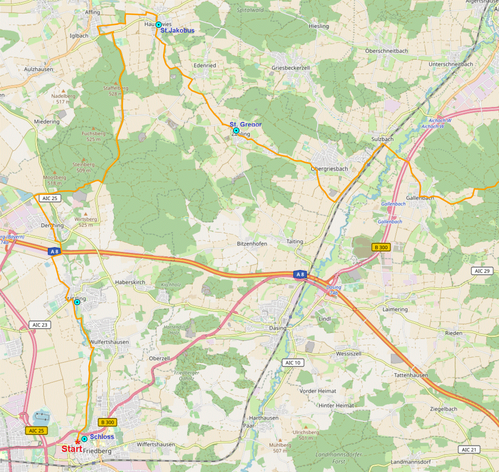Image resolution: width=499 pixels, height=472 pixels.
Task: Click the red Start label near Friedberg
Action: click(72, 449)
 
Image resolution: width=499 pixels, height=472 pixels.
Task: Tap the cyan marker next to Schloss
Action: click(84, 439)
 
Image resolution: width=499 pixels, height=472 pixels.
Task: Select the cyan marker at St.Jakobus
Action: click(158, 25)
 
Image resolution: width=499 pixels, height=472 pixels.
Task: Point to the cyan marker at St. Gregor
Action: click(236, 131)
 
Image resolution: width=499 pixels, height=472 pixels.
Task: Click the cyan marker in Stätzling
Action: click(77, 302)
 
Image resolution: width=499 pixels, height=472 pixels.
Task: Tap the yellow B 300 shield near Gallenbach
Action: click(381, 247)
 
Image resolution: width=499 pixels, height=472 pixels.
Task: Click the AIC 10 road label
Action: click(293, 363)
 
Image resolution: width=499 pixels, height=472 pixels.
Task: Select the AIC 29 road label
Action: click(482, 271)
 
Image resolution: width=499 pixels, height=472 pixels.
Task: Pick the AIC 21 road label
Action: click(469, 450)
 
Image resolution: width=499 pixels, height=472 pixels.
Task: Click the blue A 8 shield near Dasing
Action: click(300, 274)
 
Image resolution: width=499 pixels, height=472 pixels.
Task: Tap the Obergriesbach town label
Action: click(329, 169)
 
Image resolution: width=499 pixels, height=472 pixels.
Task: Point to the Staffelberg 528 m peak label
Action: click(116, 91)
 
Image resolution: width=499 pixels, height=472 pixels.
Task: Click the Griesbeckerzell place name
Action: click(290, 68)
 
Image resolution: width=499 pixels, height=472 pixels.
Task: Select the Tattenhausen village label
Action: click(411, 375)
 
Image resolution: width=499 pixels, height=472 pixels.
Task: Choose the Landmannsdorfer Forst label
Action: click(339, 458)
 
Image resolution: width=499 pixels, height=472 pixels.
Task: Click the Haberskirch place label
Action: click(130, 282)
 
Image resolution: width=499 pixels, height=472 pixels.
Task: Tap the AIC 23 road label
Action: click(40, 325)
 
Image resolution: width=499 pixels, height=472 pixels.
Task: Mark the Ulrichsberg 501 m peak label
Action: click(306, 435)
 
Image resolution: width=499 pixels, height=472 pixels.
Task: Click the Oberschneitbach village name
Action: click(386, 51)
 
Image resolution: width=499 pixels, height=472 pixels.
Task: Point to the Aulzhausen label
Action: click(38, 69)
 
